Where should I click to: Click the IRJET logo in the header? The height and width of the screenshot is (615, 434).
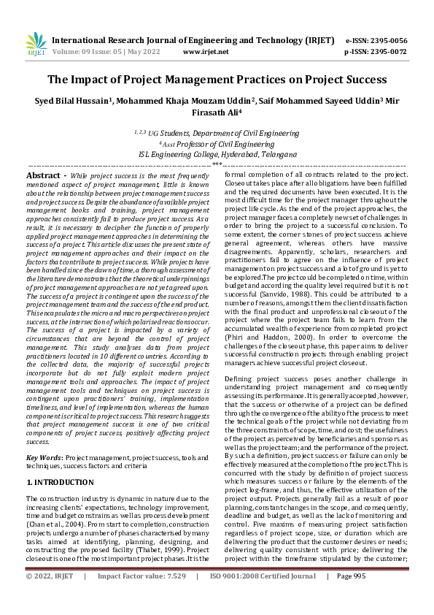coord(36,45)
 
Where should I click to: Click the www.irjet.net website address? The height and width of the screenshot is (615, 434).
coord(206,52)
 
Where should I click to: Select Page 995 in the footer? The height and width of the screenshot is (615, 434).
coord(351,597)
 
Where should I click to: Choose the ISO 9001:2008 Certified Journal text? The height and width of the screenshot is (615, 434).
coord(263,597)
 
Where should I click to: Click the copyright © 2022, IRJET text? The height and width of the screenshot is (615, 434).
coord(50,597)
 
